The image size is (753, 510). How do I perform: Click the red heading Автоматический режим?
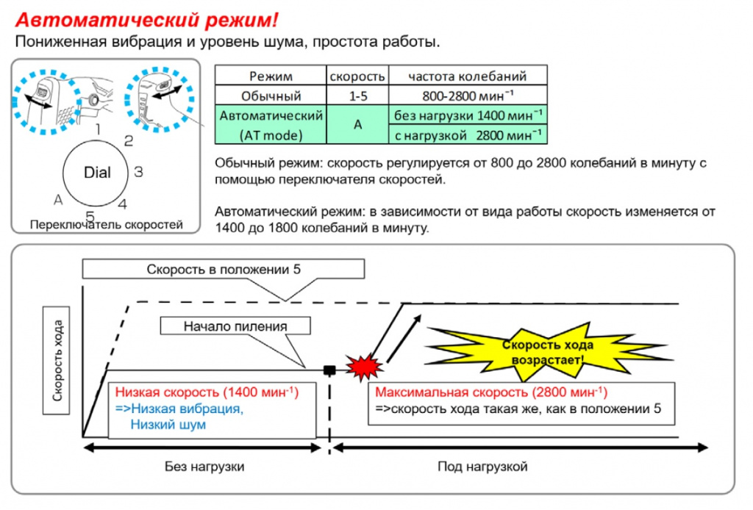[x=146, y=20]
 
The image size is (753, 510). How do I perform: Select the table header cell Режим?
[x=271, y=76]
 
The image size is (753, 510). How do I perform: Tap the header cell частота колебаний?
[x=468, y=76]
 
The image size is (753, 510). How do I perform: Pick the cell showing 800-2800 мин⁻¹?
[x=468, y=96]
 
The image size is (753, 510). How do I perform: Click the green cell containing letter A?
[x=358, y=125]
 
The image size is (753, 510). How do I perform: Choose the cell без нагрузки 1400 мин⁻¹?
[x=468, y=115]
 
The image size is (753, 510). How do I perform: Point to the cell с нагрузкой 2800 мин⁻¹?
[x=468, y=134]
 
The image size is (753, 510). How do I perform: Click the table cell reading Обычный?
[x=271, y=96]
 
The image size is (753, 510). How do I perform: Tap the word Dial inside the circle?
[x=97, y=172]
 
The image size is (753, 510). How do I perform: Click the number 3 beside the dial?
[x=138, y=172]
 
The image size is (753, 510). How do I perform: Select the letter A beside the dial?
[x=58, y=200]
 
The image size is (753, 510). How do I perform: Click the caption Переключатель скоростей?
[x=106, y=225]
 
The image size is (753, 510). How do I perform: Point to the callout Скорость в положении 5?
[x=224, y=269]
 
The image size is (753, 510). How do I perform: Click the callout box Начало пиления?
[x=235, y=326]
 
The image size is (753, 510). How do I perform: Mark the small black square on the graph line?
[x=329, y=370]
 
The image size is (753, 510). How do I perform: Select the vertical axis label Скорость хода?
[x=57, y=360]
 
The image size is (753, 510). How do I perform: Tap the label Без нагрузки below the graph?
[x=204, y=467]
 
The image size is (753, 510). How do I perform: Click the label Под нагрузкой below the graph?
[x=482, y=467]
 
